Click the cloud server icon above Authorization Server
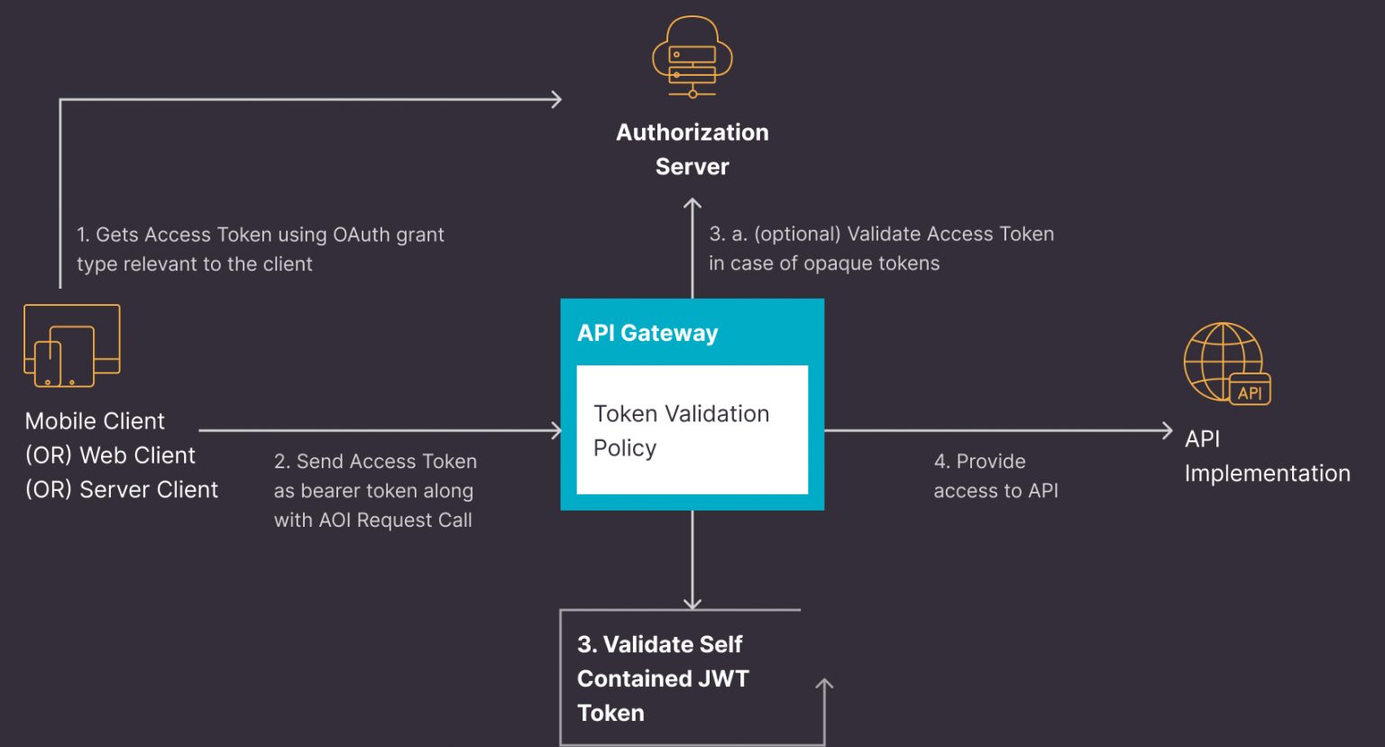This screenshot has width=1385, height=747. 692,57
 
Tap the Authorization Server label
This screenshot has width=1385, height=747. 692,149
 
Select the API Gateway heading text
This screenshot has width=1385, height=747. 647,333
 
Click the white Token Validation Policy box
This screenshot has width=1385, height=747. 692,429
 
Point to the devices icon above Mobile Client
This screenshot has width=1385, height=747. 71,346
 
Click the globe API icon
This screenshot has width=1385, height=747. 1226,363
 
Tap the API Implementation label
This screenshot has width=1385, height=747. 1266,456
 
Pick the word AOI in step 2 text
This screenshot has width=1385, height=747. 335,521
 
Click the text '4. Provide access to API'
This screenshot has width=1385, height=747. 995,475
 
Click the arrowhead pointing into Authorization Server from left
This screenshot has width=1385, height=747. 556,99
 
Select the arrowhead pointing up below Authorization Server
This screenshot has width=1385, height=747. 692,204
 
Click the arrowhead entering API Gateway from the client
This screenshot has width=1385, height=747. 555,430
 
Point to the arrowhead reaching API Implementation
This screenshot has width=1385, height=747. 1167,430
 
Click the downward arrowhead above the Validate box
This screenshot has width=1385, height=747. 692,603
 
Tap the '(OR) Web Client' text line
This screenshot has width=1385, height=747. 110,456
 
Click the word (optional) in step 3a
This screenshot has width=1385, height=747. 797,235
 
